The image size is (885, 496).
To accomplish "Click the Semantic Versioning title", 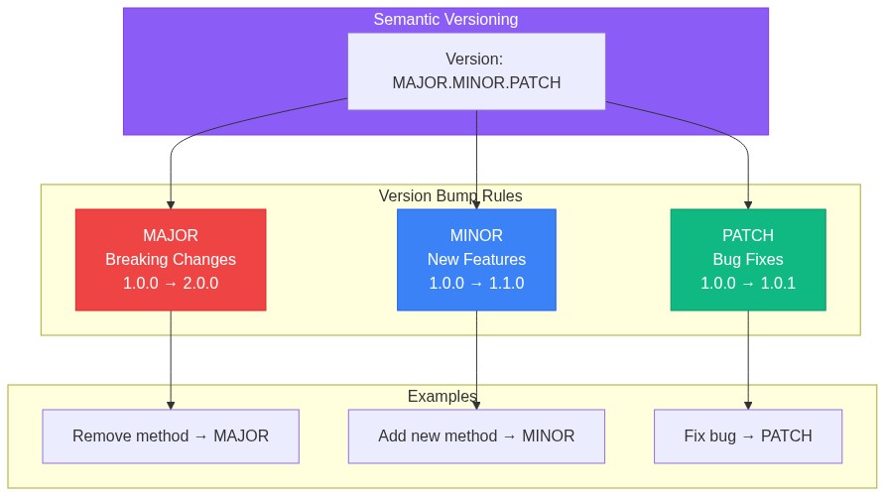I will click(x=445, y=19).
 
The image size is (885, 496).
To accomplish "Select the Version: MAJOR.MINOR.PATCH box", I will click(x=476, y=70).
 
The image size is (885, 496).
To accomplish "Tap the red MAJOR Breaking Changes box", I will click(x=171, y=259).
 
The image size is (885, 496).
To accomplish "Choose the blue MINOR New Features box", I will click(x=476, y=259).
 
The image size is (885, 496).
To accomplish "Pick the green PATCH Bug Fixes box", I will click(x=747, y=259).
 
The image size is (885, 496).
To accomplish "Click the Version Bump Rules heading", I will click(x=450, y=195).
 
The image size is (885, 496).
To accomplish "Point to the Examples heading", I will click(x=442, y=396).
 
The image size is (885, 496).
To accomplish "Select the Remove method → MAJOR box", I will click(x=171, y=435).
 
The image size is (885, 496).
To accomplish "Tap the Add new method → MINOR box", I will click(x=476, y=435).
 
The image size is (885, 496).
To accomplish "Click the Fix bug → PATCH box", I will click(x=747, y=435).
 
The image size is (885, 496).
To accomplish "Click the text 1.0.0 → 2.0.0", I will click(x=171, y=283).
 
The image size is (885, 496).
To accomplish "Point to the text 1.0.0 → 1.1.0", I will click(x=476, y=283).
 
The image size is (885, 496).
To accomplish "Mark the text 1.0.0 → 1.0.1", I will click(x=747, y=283).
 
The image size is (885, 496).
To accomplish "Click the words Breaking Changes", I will click(x=171, y=259).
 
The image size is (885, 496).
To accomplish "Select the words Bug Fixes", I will click(x=747, y=259).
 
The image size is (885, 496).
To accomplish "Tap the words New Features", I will click(x=476, y=259).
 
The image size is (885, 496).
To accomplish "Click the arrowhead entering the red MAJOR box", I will click(x=171, y=203).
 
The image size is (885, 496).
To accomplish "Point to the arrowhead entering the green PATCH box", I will click(x=747, y=203).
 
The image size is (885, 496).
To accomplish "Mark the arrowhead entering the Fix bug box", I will click(x=747, y=405).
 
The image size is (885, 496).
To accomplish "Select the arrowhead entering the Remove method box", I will click(x=171, y=405).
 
